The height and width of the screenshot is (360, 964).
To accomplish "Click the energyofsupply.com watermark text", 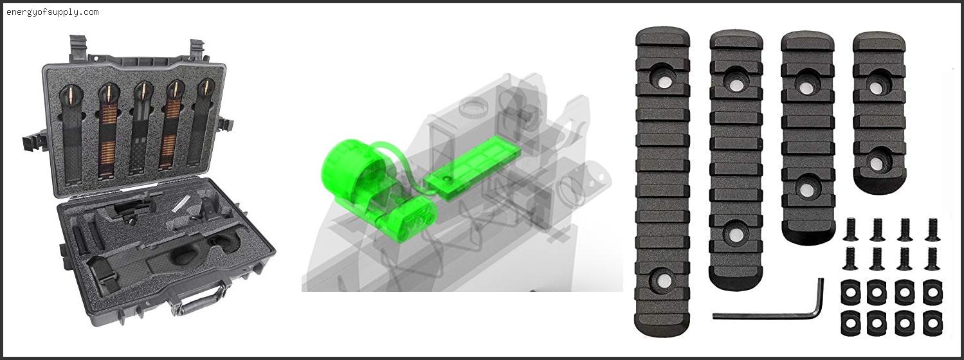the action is pyautogui.click(x=53, y=12).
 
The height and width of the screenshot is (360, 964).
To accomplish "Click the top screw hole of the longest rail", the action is pyautogui.click(x=664, y=81).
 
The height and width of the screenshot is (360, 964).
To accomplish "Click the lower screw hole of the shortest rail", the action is pyautogui.click(x=877, y=162).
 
